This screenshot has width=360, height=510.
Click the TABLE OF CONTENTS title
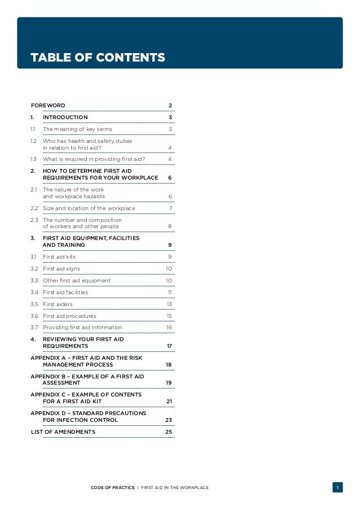98,58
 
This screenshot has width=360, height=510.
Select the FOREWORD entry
48,106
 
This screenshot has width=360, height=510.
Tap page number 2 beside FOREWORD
170,106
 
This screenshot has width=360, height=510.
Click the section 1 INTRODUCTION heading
65,117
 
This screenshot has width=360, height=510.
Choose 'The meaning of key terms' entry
77,129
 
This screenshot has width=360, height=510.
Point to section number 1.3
33,159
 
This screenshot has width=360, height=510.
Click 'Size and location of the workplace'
89,208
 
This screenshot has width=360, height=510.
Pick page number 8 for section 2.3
170,226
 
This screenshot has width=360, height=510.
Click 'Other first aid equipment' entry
77,280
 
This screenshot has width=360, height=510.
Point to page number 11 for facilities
169,293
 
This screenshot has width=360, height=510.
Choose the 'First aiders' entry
58,304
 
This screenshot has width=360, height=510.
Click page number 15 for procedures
169,316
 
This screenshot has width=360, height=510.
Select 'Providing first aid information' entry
82,328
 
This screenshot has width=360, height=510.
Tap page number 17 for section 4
169,346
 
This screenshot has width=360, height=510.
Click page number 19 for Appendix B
169,383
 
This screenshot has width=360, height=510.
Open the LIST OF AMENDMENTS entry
63,432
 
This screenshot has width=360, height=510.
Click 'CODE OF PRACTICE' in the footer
113,487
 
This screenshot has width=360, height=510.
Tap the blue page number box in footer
337,487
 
